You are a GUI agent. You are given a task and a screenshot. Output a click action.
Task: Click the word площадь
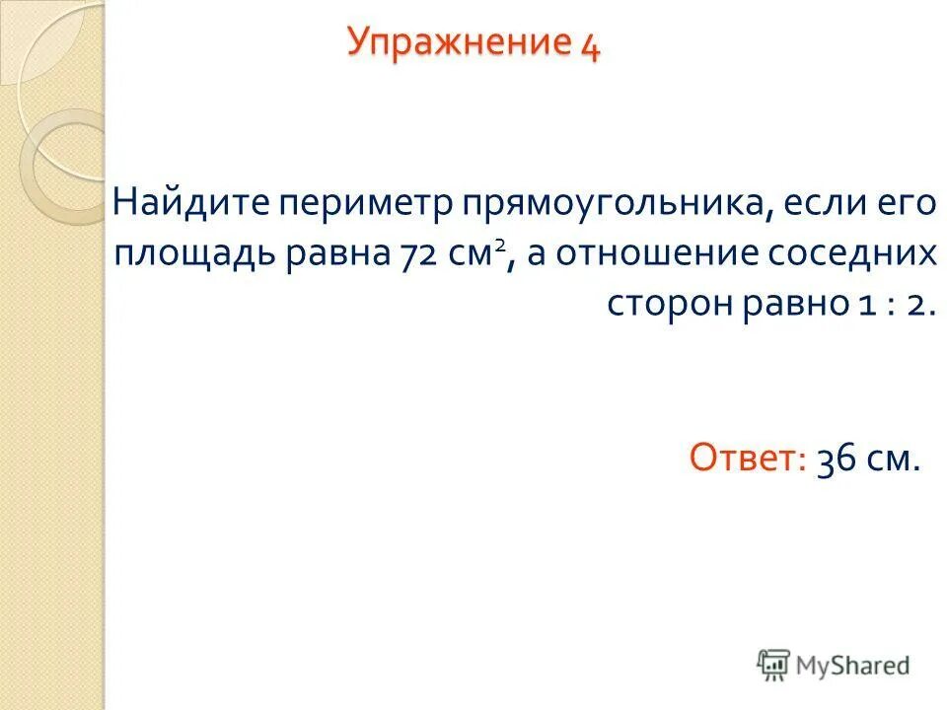tap(195, 255)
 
